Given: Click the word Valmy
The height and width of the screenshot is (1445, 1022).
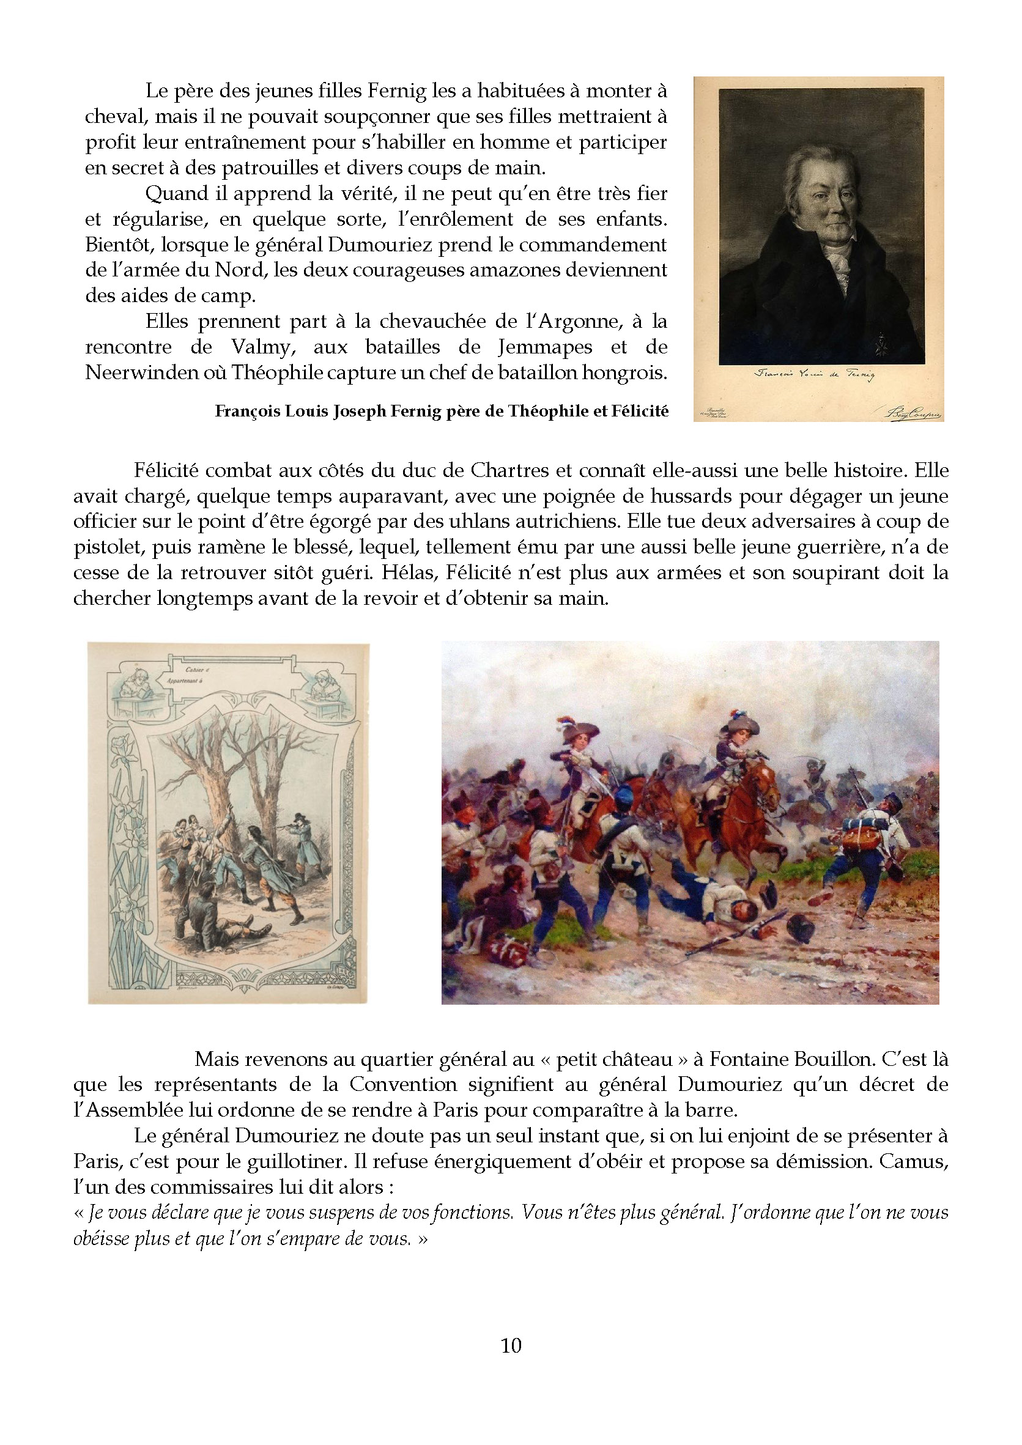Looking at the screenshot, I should click(x=263, y=347).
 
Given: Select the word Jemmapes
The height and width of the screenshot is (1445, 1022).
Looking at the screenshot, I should click(x=545, y=347).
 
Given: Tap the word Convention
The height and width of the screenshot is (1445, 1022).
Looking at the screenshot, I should click(x=403, y=1084).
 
